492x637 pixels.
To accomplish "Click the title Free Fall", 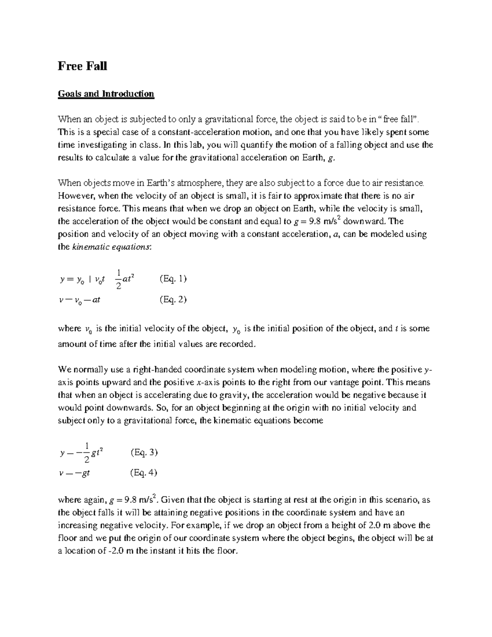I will (82, 66).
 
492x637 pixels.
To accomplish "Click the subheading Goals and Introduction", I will (106, 94).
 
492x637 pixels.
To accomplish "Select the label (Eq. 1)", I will (173, 279).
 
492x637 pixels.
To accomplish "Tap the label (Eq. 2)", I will (173, 299).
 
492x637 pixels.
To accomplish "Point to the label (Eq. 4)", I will (143, 473).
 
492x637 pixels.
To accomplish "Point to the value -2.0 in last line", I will (116, 551).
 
